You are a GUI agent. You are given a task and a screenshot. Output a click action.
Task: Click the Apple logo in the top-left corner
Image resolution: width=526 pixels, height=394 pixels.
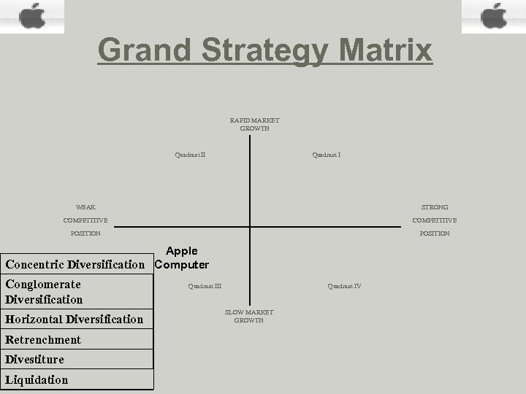click(31, 15)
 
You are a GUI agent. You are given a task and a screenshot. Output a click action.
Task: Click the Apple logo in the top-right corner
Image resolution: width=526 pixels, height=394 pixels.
click(494, 15)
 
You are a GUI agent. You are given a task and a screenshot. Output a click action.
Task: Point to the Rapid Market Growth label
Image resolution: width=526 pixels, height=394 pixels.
click(254, 124)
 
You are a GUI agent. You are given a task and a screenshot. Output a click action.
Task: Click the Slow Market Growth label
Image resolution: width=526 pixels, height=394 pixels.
click(249, 316)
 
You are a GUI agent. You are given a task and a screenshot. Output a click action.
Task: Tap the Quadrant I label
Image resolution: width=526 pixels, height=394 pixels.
click(327, 155)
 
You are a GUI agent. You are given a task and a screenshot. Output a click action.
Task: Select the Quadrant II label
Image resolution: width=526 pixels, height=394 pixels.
click(190, 155)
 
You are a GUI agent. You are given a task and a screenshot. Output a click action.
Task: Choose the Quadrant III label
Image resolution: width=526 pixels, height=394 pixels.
click(205, 286)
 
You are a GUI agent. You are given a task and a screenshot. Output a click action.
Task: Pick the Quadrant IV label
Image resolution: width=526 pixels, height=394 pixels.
click(344, 286)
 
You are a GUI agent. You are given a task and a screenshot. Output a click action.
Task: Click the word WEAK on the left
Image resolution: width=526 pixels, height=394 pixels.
click(85, 207)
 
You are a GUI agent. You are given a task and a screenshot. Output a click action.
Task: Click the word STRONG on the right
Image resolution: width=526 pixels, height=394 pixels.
click(435, 207)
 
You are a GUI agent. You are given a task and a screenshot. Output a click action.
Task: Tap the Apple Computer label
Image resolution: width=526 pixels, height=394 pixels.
click(182, 258)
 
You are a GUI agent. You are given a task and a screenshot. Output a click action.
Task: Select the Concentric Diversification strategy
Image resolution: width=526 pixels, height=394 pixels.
click(75, 264)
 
